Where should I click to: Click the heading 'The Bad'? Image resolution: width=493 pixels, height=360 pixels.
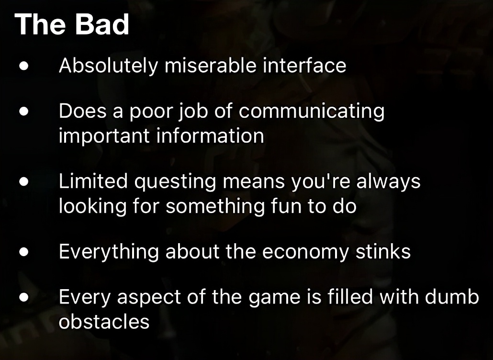pos(72,24)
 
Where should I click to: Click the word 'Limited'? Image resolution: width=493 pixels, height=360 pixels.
pos(93,181)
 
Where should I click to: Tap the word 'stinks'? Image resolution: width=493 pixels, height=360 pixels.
pos(383,251)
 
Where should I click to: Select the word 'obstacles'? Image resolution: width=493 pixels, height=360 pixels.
pos(104,321)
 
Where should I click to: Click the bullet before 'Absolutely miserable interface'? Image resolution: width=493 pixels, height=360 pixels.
pos(24,67)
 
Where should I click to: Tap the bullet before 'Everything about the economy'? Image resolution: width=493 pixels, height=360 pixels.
pos(24,252)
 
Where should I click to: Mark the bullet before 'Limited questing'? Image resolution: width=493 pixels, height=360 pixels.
pos(24,182)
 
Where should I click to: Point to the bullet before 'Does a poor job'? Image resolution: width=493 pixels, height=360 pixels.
pos(24,112)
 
